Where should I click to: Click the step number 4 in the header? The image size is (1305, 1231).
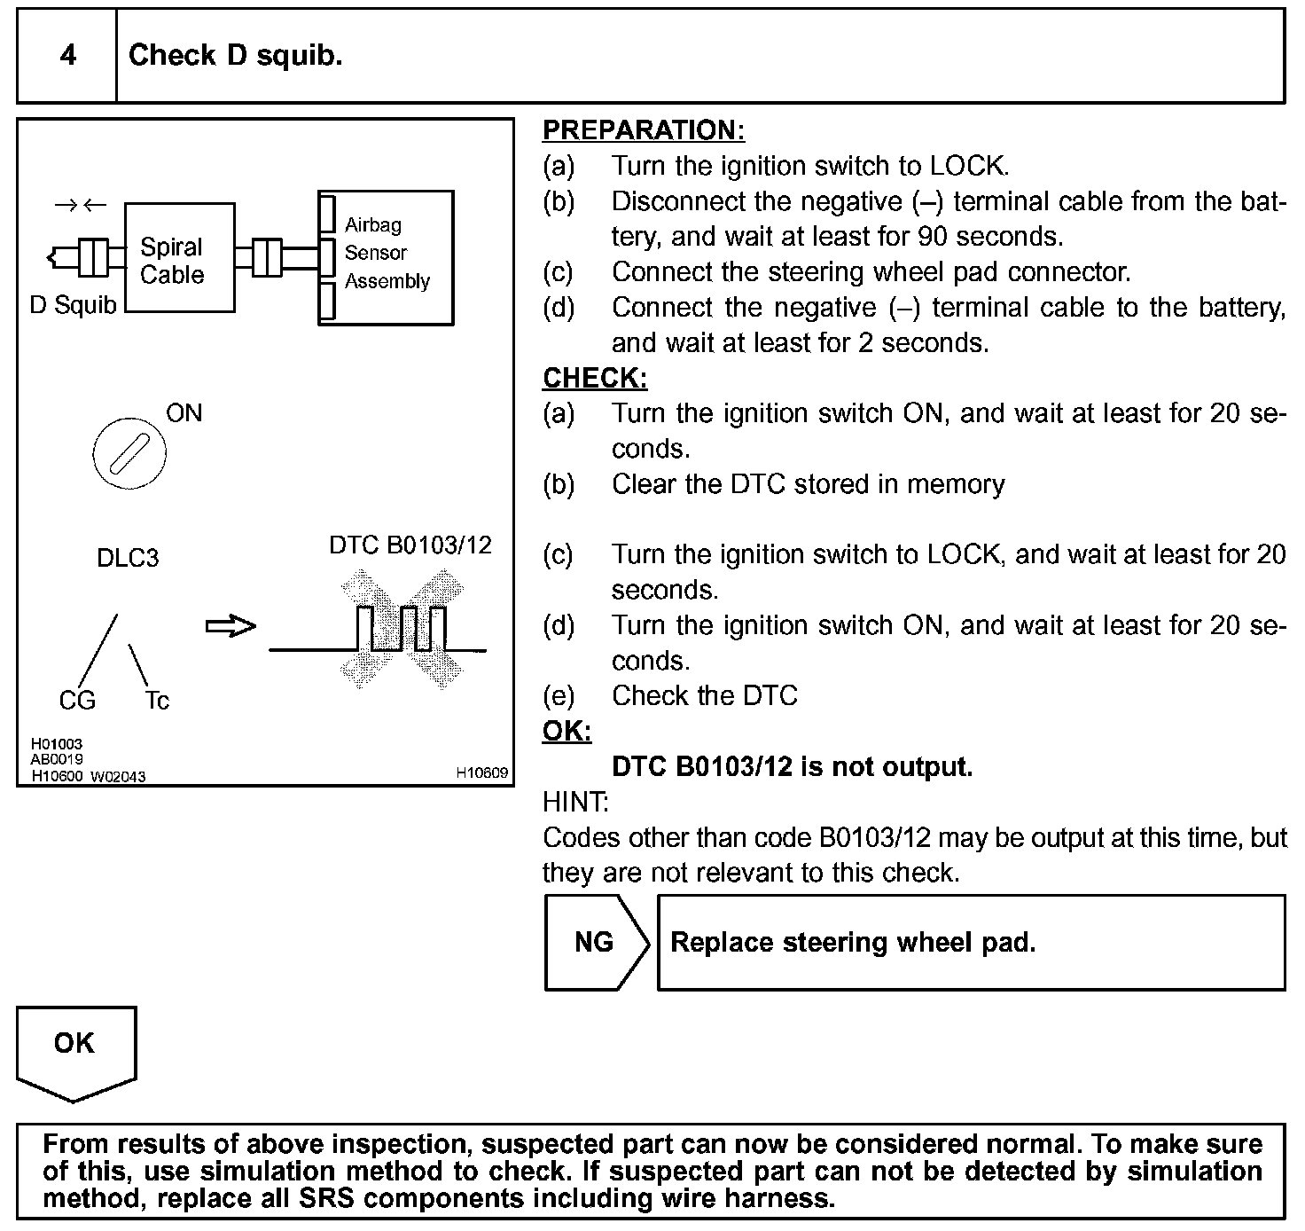click(67, 56)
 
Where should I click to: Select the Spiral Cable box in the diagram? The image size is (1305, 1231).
click(180, 258)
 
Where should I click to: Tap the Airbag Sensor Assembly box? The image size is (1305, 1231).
click(387, 257)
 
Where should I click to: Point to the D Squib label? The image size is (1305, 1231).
click(73, 306)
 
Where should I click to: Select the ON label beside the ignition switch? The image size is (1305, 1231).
click(184, 413)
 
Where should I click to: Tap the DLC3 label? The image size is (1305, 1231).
click(128, 558)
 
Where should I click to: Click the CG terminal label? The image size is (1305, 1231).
click(77, 701)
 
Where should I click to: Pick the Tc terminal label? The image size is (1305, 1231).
click(157, 701)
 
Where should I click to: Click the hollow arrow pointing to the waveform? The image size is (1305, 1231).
click(231, 627)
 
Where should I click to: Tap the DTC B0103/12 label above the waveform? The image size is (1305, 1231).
click(410, 545)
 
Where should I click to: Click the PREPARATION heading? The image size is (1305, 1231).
click(643, 130)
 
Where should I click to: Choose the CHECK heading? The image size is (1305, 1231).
click(595, 378)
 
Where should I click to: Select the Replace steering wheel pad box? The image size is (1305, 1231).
click(971, 942)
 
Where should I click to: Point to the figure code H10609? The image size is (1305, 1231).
click(482, 773)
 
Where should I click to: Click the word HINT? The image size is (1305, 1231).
click(575, 803)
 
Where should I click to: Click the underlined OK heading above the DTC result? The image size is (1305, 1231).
click(567, 732)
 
